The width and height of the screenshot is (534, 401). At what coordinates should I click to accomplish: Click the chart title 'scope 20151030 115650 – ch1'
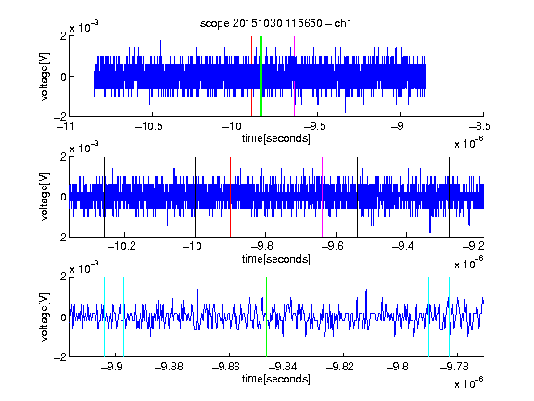[x=275, y=23]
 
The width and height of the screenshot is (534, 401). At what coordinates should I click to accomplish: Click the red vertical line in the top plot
[x=251, y=76]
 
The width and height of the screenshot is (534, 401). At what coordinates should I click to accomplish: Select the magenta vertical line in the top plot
[x=294, y=76]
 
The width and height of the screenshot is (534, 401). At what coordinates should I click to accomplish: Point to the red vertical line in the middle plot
[x=231, y=197]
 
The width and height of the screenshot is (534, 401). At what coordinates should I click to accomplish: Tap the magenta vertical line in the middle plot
[x=323, y=197]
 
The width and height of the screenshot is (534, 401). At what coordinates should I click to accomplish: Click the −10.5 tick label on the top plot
[x=149, y=126]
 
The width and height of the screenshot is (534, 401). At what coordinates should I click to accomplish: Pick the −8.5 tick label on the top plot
[x=480, y=126]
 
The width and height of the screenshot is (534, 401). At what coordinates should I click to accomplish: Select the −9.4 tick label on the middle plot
[x=403, y=246]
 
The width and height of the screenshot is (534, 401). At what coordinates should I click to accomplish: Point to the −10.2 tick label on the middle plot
[x=121, y=246]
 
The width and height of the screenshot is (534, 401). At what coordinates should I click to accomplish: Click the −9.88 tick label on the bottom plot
[x=169, y=367]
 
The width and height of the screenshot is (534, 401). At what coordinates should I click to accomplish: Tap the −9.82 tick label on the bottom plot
[x=340, y=367]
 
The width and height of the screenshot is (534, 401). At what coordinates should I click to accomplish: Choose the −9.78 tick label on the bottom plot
[x=454, y=367]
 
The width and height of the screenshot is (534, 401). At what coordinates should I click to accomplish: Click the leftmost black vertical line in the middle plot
[x=104, y=197]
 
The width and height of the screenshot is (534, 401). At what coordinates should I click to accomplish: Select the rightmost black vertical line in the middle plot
[x=450, y=197]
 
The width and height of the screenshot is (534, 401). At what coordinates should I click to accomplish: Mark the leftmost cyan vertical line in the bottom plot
[x=104, y=317]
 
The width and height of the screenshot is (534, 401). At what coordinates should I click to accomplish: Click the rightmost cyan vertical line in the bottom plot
[x=450, y=317]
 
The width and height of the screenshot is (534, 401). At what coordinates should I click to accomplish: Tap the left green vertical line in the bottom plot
[x=267, y=317]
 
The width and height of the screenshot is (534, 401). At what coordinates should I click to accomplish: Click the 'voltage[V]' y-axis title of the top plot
[x=44, y=76]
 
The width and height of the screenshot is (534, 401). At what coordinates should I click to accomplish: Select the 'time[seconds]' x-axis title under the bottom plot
[x=276, y=379]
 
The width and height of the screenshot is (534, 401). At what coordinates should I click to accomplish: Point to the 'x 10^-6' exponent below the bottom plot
[x=469, y=383]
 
